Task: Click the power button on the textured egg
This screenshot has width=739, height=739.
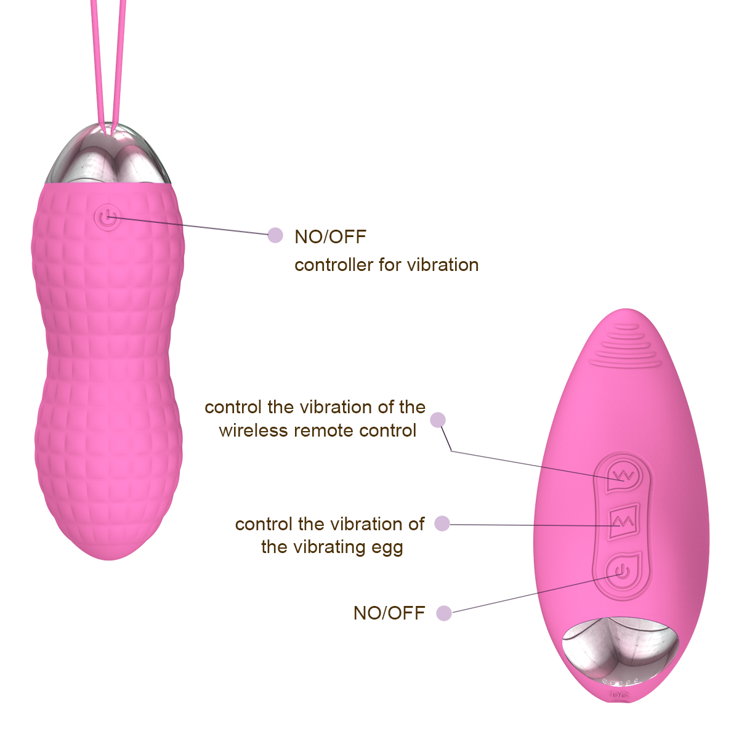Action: coord(108,218)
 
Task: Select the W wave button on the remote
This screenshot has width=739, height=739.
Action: coord(624,476)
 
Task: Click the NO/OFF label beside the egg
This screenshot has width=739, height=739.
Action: coord(330,236)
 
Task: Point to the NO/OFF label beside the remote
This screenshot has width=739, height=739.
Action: coord(389,613)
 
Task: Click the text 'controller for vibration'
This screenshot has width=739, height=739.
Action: coord(387,265)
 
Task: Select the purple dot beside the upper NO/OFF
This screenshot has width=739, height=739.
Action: coord(275,235)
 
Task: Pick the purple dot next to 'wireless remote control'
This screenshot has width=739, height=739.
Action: coord(438,420)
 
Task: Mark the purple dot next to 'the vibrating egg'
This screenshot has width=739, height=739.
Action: coord(442,523)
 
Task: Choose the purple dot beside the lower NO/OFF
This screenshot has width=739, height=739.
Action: coord(444,613)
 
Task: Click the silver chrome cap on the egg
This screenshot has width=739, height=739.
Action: coord(109,155)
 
